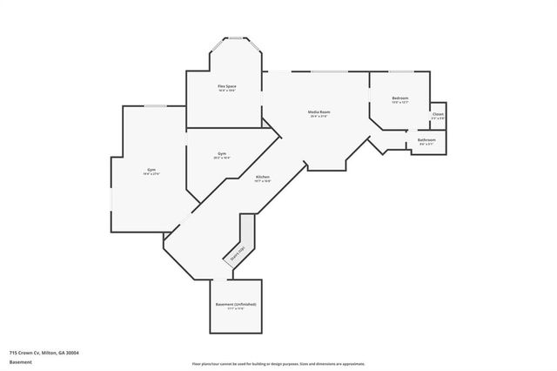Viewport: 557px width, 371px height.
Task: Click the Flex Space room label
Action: coord(227,86)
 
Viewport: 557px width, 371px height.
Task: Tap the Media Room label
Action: coord(319,111)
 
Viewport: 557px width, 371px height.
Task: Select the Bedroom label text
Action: coord(399,98)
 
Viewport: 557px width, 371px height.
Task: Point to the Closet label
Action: coord(438,114)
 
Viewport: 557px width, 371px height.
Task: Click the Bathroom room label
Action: coord(426,139)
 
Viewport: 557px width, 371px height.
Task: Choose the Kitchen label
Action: coord(262,177)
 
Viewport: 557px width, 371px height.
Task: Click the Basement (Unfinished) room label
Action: coord(236,304)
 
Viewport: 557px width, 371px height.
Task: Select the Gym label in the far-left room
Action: coord(151,169)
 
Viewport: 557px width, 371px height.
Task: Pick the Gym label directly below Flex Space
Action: coord(222,153)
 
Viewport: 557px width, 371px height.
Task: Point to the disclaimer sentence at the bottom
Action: coord(278,364)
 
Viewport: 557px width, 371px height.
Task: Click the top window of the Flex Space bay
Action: coord(235,37)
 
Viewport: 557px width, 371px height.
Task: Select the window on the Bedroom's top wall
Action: coord(400,71)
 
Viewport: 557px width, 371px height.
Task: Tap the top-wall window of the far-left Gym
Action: coord(155,106)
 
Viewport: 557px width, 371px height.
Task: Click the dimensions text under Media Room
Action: coord(319,116)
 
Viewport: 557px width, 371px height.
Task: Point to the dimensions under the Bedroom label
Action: coord(399,103)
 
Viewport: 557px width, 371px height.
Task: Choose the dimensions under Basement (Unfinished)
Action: coord(236,308)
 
